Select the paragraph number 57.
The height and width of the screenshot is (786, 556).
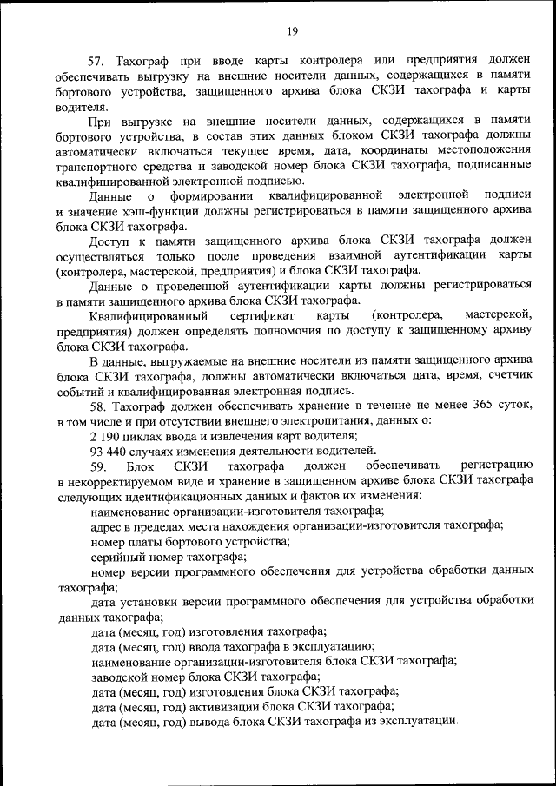click(96, 60)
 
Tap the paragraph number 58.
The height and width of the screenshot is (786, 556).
click(96, 406)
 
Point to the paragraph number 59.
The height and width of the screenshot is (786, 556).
click(97, 466)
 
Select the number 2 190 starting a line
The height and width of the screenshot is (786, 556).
click(107, 435)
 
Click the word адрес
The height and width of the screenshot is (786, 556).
click(107, 525)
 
